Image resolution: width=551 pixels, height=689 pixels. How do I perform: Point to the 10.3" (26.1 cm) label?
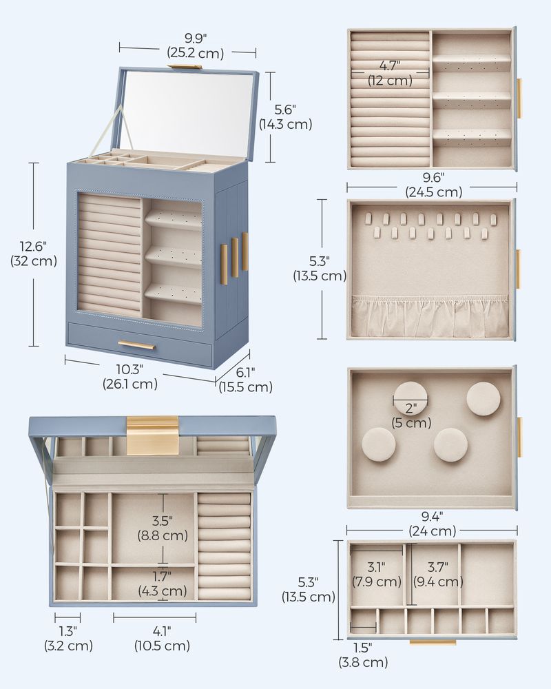tap(130, 376)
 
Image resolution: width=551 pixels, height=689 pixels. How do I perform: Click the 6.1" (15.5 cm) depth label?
tap(246, 379)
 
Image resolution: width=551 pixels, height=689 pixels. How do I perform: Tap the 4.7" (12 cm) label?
tap(390, 73)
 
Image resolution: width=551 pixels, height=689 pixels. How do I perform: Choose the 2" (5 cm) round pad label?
tap(411, 415)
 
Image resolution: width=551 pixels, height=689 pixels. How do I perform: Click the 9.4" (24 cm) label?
tap(433, 524)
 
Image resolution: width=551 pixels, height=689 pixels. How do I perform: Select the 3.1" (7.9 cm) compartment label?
tap(376, 574)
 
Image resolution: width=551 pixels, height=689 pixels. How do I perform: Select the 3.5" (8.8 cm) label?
tap(163, 527)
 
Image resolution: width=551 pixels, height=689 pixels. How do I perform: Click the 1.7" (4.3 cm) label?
tap(163, 583)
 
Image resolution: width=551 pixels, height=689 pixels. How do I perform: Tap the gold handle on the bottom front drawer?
tap(140, 344)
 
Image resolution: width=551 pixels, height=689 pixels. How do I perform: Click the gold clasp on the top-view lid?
tap(152, 435)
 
